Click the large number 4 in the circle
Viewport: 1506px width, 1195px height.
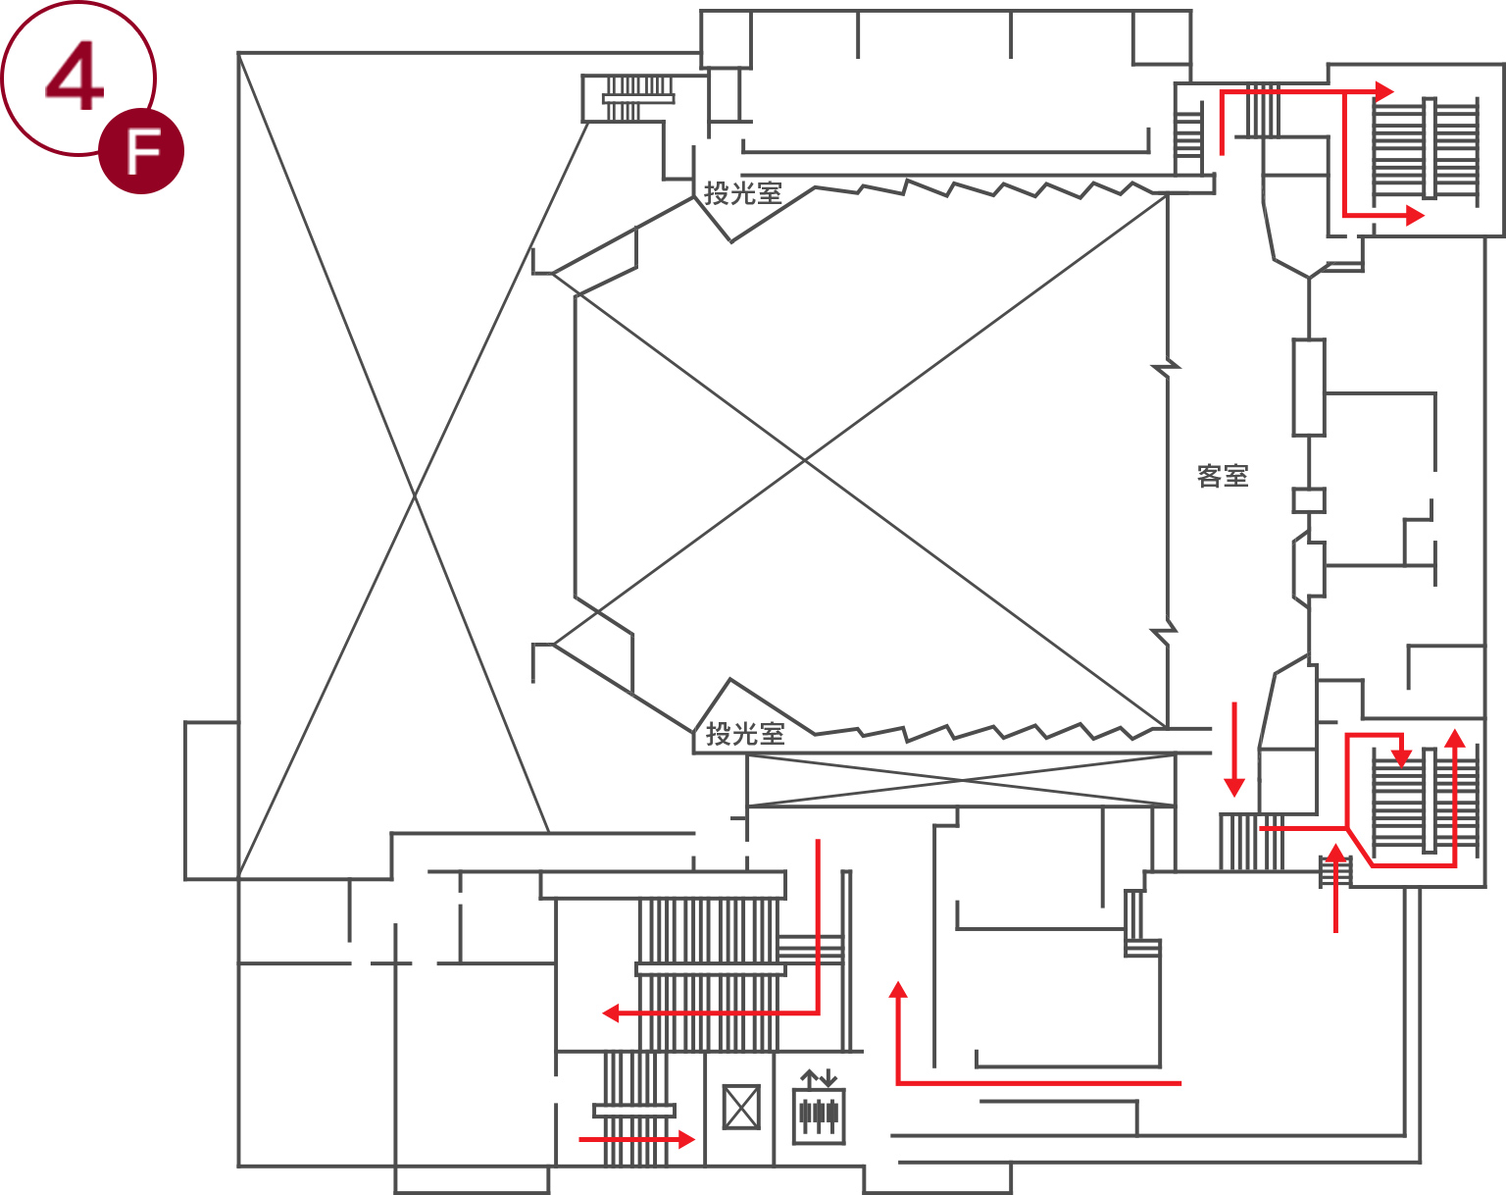[x=75, y=76]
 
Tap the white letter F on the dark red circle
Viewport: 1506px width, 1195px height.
[x=143, y=152]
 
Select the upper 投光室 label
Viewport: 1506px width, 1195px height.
[x=742, y=193]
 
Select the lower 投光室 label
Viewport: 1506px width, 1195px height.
[x=744, y=734]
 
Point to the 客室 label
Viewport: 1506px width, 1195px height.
[x=1223, y=476]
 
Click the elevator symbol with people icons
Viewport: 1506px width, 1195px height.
[x=818, y=1116]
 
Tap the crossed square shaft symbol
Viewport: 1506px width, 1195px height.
[x=741, y=1108]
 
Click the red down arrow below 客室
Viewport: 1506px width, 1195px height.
[x=1234, y=750]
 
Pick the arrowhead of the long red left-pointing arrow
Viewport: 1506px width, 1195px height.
[x=611, y=1013]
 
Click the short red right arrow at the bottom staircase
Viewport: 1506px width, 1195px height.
[x=637, y=1140]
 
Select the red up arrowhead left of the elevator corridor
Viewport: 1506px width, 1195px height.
[x=898, y=989]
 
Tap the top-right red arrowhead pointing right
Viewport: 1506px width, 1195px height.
[x=1385, y=92]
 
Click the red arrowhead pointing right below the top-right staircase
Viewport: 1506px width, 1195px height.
[x=1415, y=215]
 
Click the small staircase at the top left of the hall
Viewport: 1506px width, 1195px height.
[x=637, y=99]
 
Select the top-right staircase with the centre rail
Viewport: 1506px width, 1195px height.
[x=1426, y=148]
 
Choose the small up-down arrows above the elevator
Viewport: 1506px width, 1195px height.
[x=819, y=1078]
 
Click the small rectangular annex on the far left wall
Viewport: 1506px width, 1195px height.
[x=212, y=800]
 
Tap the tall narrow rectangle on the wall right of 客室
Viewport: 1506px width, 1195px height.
[x=1309, y=388]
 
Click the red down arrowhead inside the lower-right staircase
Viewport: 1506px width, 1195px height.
[x=1401, y=758]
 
